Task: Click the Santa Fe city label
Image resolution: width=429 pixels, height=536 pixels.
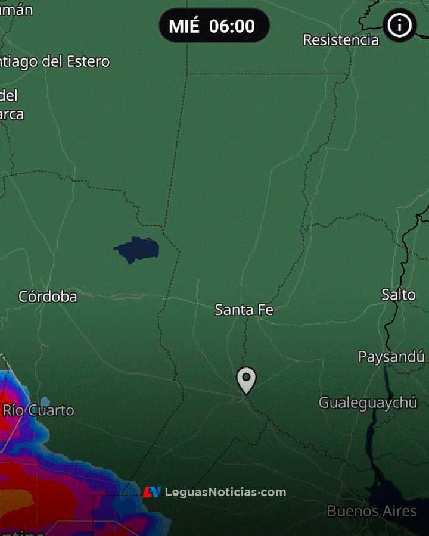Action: [244, 310]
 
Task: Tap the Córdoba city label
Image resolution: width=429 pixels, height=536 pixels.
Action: [48, 297]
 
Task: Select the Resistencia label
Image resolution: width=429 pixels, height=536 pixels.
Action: [341, 40]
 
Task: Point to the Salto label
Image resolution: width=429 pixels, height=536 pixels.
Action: [399, 294]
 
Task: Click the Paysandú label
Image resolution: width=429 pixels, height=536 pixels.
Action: [391, 357]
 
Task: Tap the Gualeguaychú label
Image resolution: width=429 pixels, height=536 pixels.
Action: [368, 403]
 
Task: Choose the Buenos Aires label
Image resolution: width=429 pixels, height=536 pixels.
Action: [372, 511]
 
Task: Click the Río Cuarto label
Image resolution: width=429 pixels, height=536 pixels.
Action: [39, 410]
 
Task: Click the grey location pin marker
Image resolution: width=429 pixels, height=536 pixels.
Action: [246, 379]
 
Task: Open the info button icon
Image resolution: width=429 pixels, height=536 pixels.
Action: [399, 26]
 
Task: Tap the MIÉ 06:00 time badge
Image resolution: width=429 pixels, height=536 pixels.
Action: [214, 26]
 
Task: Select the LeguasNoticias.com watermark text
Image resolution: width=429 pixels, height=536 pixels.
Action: [225, 493]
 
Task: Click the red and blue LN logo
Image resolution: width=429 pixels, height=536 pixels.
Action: [152, 492]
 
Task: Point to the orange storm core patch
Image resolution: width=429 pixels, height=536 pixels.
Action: [15, 499]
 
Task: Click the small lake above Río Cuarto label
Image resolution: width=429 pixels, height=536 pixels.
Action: [45, 401]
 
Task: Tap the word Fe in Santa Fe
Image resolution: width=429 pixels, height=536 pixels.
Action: [266, 310]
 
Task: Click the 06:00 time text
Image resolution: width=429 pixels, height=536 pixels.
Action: [232, 26]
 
